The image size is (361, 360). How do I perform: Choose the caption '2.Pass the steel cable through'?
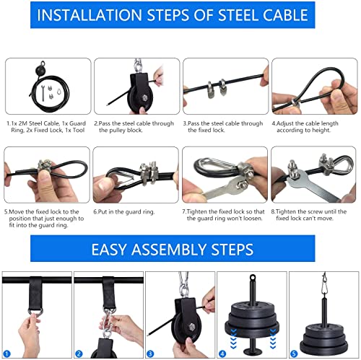(x=134, y=123)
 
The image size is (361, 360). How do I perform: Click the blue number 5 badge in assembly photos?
(x=294, y=354)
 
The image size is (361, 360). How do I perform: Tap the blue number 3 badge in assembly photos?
(x=151, y=354)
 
